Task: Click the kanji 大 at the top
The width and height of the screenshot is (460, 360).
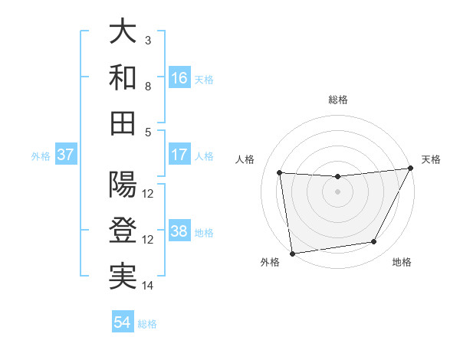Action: tap(123, 32)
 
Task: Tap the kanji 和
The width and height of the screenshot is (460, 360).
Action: tap(123, 77)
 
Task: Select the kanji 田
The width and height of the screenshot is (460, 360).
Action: tap(123, 123)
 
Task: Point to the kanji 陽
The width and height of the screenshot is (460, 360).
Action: tap(123, 185)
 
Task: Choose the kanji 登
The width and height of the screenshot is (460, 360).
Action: tap(123, 230)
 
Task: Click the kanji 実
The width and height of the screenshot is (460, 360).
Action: tap(123, 276)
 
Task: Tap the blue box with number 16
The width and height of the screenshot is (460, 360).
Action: tap(179, 77)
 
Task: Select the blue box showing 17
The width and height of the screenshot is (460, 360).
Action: tap(179, 155)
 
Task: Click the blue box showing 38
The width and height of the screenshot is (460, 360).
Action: tap(179, 231)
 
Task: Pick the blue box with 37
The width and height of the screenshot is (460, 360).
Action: tap(66, 155)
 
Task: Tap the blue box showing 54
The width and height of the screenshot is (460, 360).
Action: tap(123, 322)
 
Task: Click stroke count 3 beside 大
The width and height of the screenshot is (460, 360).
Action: tap(148, 41)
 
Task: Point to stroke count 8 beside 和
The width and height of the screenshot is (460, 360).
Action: tap(148, 86)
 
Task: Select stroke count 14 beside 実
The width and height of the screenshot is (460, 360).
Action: tap(148, 286)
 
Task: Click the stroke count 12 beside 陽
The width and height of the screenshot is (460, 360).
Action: tap(148, 194)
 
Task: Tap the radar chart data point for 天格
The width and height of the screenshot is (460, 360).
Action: tap(410, 169)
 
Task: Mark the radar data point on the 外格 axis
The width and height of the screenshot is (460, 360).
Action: tap(292, 253)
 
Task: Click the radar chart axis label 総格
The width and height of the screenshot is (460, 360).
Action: tap(338, 100)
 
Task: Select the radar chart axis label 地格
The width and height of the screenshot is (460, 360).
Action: tap(402, 263)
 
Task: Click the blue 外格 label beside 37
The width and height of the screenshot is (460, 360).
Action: tap(41, 155)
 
